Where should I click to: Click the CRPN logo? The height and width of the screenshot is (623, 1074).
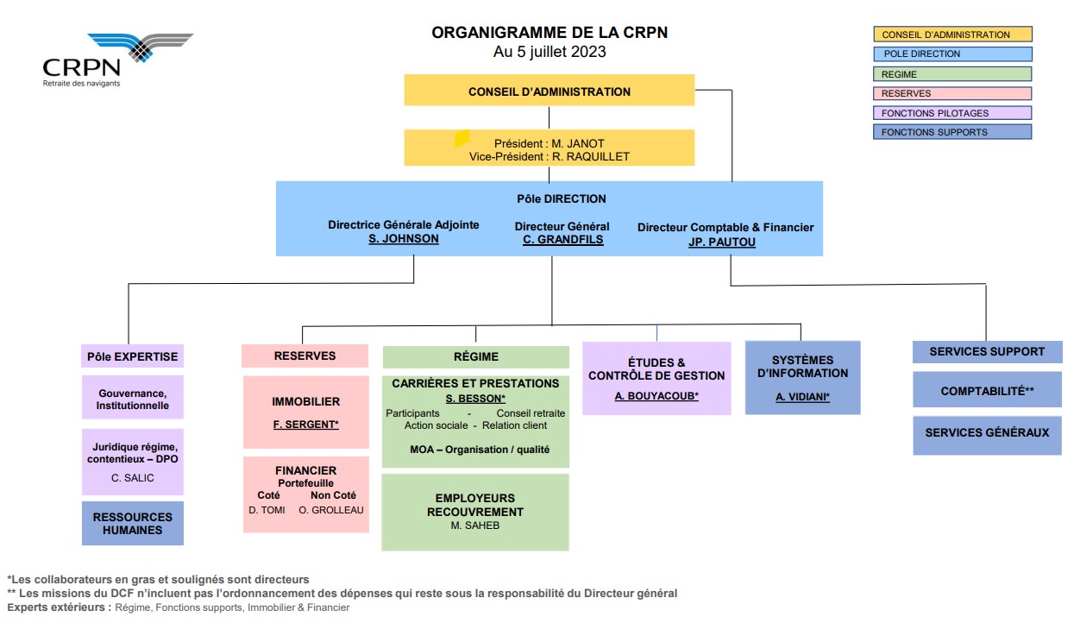(117, 60)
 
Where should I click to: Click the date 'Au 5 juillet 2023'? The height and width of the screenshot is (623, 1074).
(550, 52)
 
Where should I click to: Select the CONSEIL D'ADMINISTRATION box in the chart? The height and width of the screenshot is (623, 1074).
(550, 90)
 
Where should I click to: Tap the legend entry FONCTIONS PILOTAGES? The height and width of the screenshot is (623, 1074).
(952, 113)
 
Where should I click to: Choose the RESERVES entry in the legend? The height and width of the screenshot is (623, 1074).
(952, 93)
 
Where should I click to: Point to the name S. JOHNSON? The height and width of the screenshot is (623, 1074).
(403, 239)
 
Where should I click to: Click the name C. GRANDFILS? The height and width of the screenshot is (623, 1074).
(563, 240)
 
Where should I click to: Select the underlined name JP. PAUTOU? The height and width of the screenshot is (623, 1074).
(721, 242)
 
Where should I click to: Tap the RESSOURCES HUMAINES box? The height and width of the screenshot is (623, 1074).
(133, 523)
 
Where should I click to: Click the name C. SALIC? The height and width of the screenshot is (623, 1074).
(133, 478)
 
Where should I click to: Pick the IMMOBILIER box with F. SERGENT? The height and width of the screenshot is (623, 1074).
(306, 412)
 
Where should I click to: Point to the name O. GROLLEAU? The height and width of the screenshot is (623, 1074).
(331, 510)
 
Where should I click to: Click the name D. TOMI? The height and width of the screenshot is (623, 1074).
(267, 510)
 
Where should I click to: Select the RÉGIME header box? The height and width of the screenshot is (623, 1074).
(476, 357)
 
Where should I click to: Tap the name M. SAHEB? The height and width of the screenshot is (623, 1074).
(475, 525)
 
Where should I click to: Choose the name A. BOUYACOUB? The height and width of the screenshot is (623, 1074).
(656, 396)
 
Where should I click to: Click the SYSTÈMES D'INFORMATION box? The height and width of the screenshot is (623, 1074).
(802, 378)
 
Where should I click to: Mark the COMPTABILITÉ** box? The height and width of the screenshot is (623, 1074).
(987, 390)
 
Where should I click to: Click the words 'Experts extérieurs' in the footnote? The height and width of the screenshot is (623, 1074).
(60, 607)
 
